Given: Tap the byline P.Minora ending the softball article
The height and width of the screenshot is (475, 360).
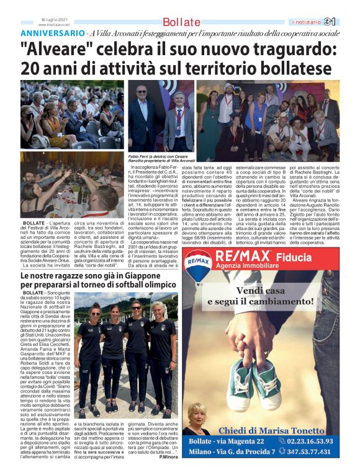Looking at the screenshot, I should coord(169,458).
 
